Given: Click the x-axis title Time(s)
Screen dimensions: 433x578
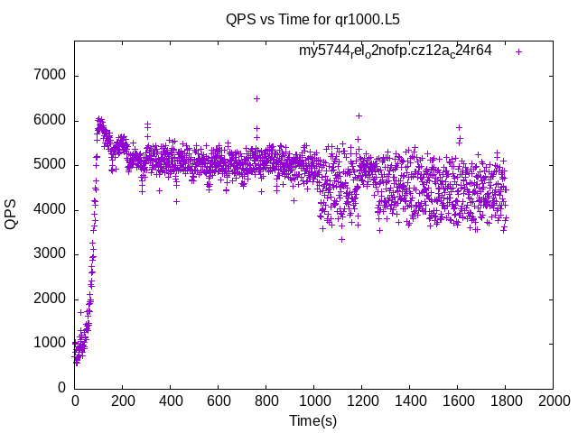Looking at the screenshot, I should pyautogui.click(x=312, y=420).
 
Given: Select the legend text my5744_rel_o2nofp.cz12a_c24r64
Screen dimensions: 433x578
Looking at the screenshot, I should pyautogui.click(x=396, y=51).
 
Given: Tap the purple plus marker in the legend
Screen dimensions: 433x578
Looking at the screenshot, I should pyautogui.click(x=518, y=51).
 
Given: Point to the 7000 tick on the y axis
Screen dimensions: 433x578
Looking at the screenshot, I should pyautogui.click(x=49, y=75).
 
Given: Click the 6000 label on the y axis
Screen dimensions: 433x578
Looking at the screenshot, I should pyautogui.click(x=49, y=120).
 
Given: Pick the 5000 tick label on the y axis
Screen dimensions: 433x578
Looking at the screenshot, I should pyautogui.click(x=49, y=164).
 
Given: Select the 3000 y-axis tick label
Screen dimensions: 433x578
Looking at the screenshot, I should pyautogui.click(x=49, y=253).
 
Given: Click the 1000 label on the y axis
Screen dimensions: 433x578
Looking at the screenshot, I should pyautogui.click(x=49, y=343).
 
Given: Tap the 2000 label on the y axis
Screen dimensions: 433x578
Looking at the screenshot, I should pyautogui.click(x=49, y=299).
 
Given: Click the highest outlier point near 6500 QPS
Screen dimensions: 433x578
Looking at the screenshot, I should pyautogui.click(x=256, y=98).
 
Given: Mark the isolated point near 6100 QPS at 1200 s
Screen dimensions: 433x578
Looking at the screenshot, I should pyautogui.click(x=359, y=115).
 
